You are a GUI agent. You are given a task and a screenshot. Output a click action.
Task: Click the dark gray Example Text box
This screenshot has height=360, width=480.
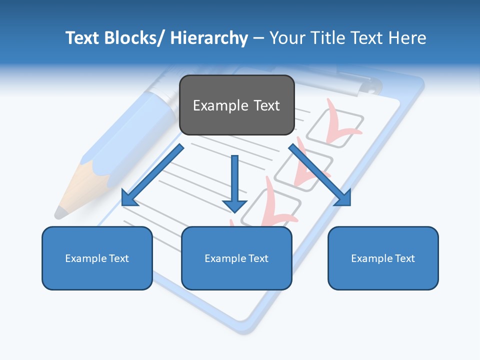[236, 105]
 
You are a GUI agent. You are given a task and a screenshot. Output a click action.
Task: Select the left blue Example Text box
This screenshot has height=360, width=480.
[97, 258]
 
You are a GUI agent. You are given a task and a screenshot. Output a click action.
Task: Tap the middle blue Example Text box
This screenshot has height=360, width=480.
[236, 258]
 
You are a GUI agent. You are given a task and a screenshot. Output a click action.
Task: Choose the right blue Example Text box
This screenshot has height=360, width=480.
[383, 258]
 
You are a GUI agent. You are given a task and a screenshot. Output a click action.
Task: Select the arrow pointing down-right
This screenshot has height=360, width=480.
[320, 175]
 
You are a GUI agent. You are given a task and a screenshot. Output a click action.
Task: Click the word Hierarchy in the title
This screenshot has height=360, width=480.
[209, 38]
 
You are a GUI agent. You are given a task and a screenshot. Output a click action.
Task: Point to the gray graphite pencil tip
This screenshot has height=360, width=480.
[61, 212]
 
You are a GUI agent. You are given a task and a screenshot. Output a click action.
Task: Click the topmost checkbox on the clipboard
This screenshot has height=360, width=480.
[334, 127]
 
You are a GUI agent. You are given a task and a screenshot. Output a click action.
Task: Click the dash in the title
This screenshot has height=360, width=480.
[258, 38]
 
